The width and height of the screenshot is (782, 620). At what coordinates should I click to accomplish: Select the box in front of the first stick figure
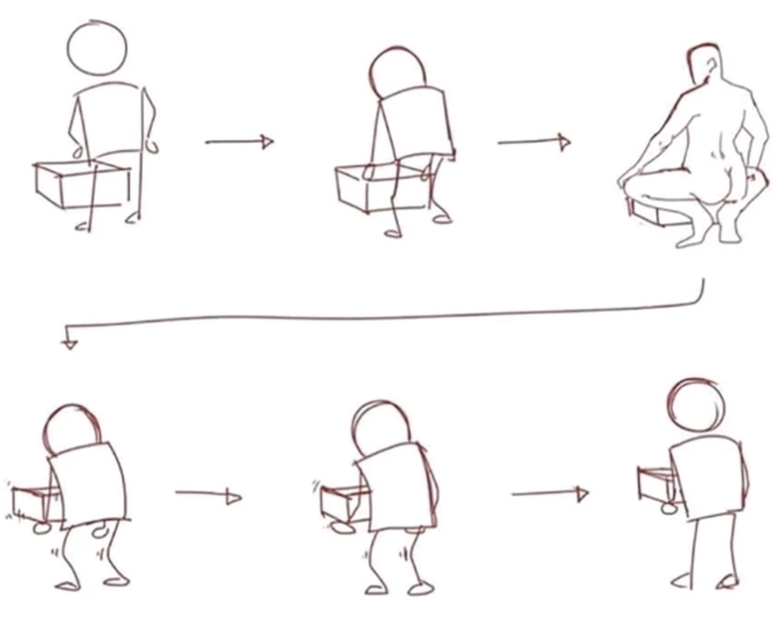pyautogui.click(x=82, y=184)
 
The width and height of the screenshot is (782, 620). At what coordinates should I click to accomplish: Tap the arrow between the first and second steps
pyautogui.click(x=239, y=142)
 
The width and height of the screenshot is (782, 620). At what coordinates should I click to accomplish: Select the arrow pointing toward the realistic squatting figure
pyautogui.click(x=534, y=142)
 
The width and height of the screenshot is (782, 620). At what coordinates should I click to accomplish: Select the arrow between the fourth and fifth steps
pyautogui.click(x=208, y=497)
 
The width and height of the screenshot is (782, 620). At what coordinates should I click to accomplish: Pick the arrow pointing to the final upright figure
pyautogui.click(x=550, y=494)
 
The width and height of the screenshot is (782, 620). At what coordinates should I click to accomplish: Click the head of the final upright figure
pyautogui.click(x=696, y=404)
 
